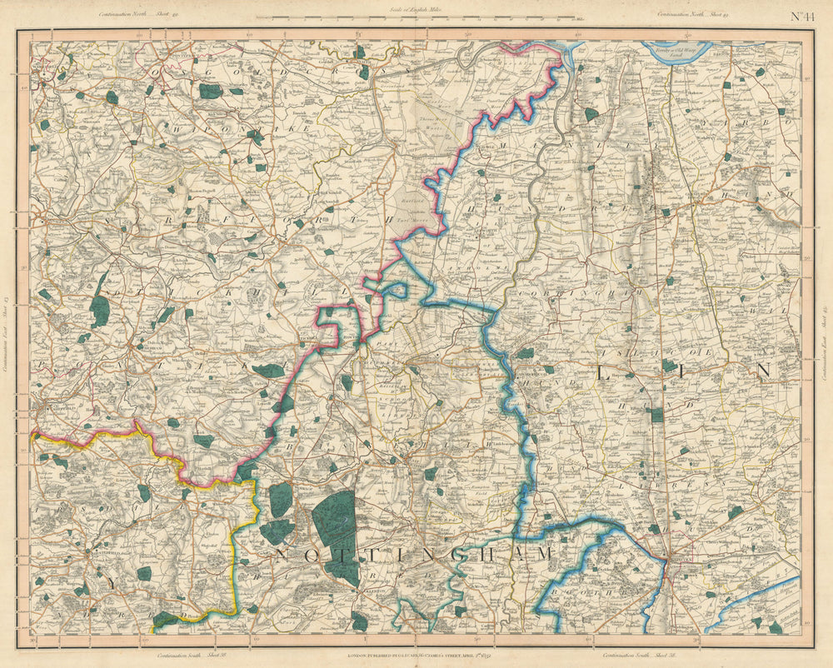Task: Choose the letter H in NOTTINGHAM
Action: click(x=476, y=554)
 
